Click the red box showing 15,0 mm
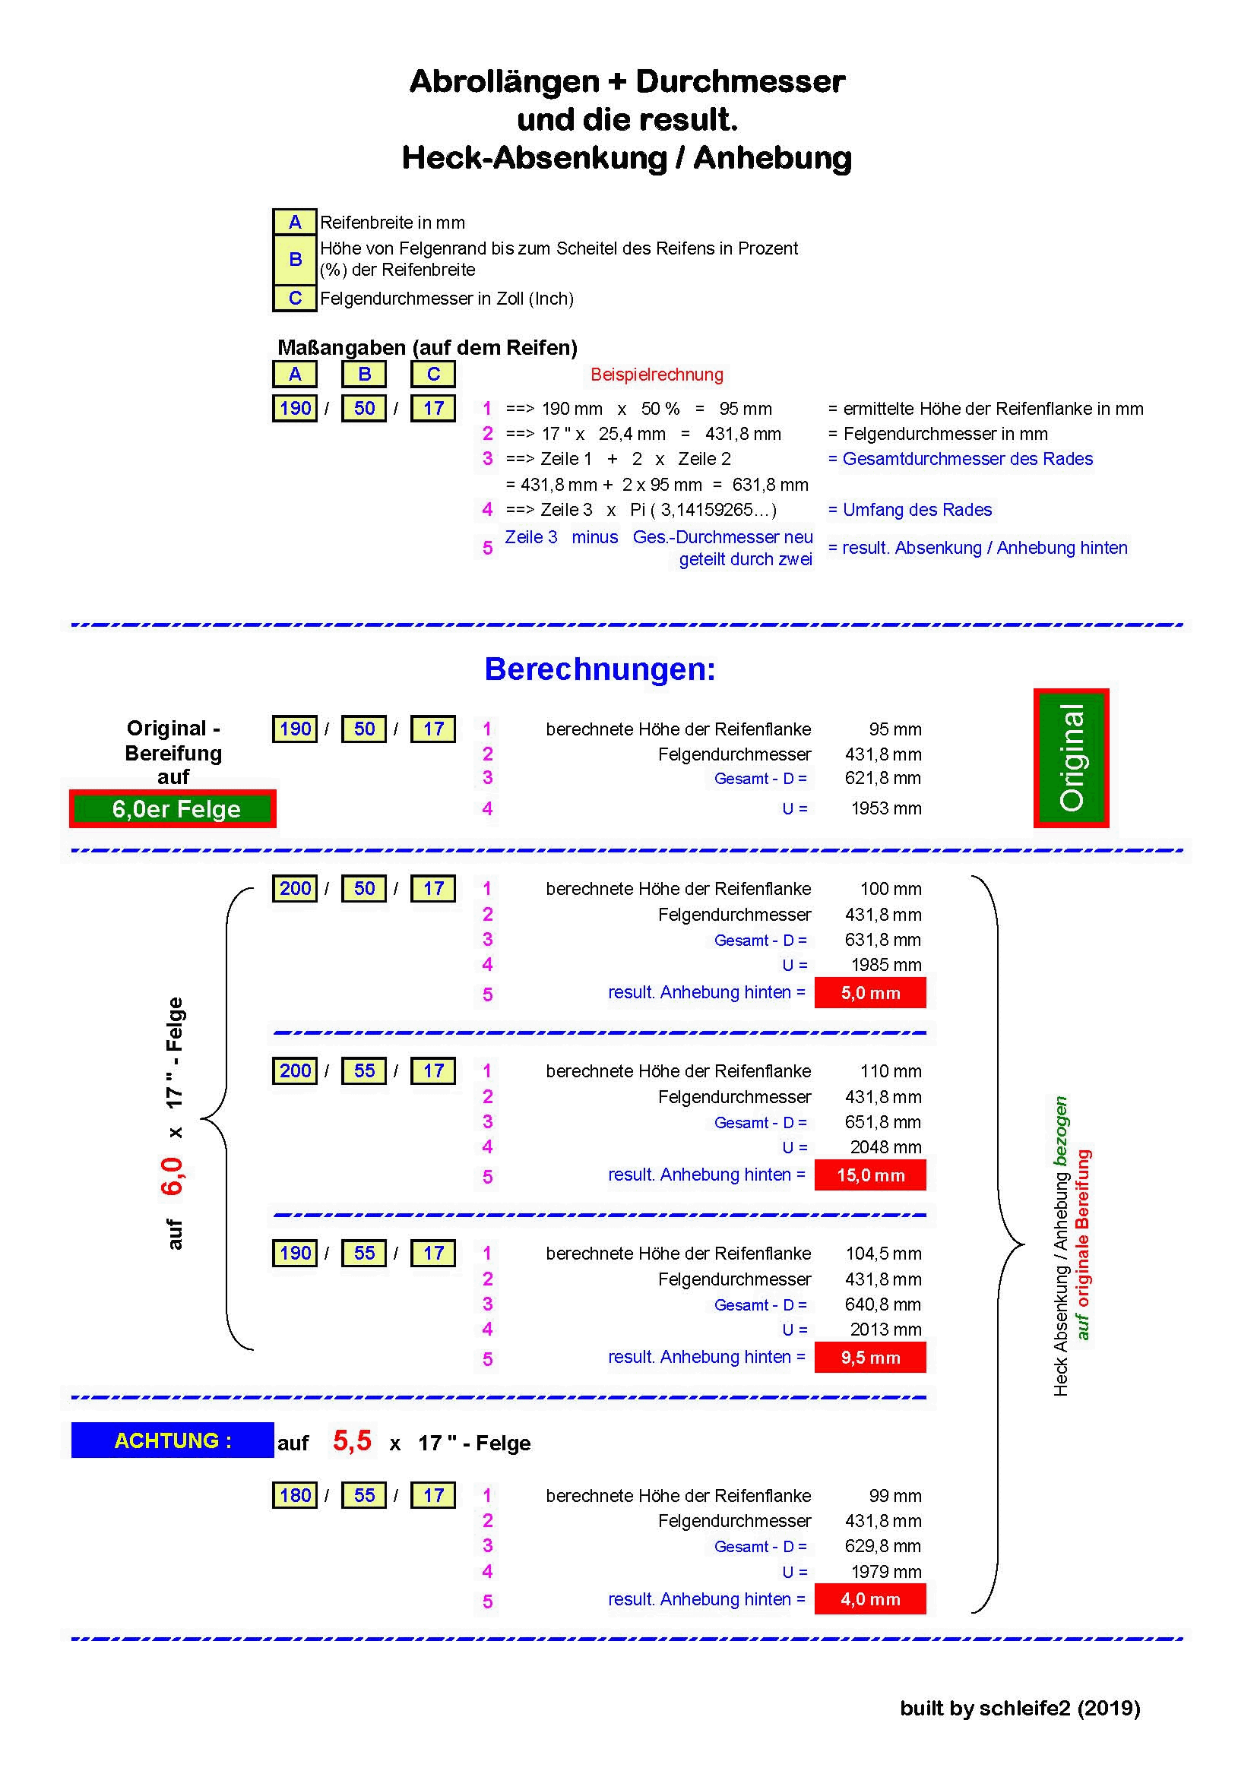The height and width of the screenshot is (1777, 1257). tap(870, 1175)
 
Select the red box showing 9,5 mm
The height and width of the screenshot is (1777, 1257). tap(870, 1358)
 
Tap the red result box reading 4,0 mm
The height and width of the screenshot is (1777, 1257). tap(870, 1599)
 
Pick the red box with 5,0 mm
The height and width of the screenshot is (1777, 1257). tap(870, 993)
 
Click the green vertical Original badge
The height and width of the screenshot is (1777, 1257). tap(1072, 757)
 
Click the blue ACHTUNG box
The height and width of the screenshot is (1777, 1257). tap(173, 1440)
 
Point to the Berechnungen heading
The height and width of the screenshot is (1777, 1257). tap(600, 669)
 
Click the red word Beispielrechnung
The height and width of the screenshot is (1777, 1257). tap(657, 375)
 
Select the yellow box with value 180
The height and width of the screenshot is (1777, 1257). tap(295, 1495)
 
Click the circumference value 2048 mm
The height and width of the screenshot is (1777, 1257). tap(885, 1147)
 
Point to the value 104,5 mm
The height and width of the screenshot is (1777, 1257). tap(882, 1253)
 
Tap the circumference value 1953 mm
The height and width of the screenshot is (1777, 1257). tap(886, 809)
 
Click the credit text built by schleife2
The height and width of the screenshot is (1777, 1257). tap(1019, 1708)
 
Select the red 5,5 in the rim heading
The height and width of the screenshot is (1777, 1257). tap(352, 1440)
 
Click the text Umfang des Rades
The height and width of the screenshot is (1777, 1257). tap(917, 510)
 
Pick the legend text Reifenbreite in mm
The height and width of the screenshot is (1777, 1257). tap(392, 223)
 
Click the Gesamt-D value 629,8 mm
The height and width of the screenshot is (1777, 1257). tap(882, 1546)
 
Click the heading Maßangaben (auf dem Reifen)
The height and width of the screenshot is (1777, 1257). tap(427, 347)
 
